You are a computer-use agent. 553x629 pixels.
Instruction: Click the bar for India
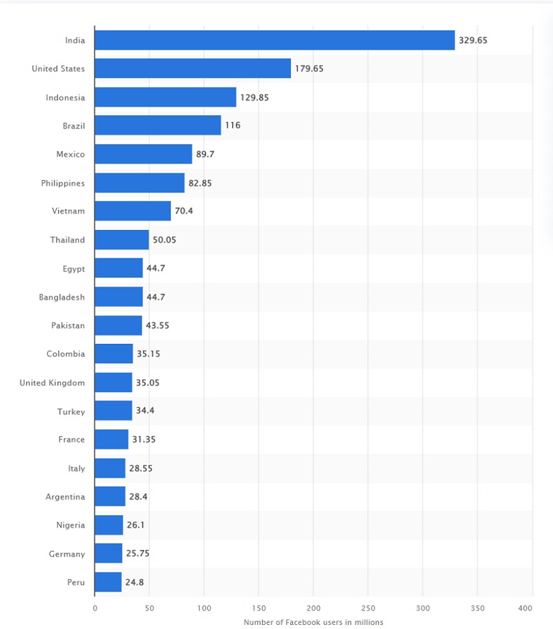[274, 40]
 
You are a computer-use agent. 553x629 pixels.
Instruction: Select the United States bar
[192, 68]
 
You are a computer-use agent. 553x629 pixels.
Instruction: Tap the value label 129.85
[254, 97]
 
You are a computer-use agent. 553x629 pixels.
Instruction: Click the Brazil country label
[73, 126]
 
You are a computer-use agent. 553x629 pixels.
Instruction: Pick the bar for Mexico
[143, 154]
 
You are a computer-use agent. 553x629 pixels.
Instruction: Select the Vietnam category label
[68, 211]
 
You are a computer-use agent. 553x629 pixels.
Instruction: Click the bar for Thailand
[122, 240]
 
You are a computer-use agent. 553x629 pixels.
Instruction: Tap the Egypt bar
[118, 268]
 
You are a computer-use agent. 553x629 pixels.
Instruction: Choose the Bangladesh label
[62, 297]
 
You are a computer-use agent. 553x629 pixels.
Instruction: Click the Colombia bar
[113, 354]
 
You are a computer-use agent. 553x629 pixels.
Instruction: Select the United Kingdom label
[53, 383]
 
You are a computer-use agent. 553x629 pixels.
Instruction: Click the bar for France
[111, 439]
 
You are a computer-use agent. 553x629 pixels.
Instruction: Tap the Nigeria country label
[71, 525]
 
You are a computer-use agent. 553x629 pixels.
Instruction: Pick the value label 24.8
[134, 582]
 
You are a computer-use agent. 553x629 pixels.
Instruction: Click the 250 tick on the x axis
[368, 608]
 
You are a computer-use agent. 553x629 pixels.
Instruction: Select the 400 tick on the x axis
[525, 608]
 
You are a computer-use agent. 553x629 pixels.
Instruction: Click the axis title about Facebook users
[313, 622]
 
